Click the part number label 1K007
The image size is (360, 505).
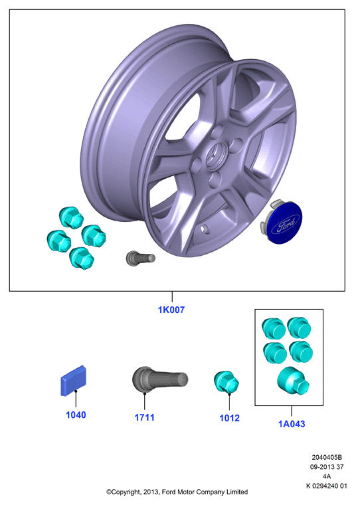click(x=171, y=310)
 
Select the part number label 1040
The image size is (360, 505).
click(x=76, y=415)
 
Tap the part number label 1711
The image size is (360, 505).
click(x=144, y=417)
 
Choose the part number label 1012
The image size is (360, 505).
click(x=229, y=418)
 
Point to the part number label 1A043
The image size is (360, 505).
click(x=292, y=424)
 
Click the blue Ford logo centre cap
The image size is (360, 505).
click(x=283, y=221)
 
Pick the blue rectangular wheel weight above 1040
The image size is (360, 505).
click(x=74, y=381)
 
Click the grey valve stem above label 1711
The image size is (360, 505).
click(x=160, y=379)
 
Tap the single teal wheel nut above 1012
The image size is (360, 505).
click(x=226, y=382)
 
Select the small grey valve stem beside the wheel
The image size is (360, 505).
click(x=140, y=258)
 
